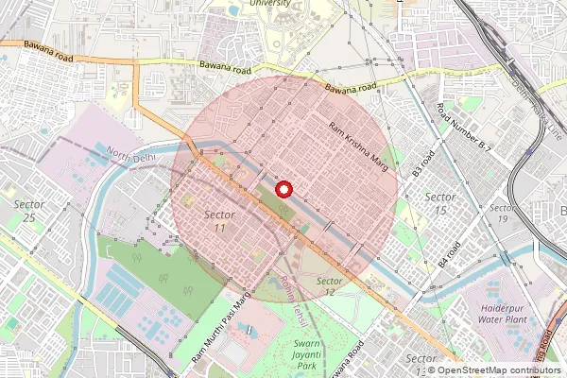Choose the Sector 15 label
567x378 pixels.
pyautogui.click(x=440, y=202)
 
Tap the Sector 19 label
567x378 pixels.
pyautogui.click(x=504, y=213)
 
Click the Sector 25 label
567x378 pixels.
pyautogui.click(x=29, y=211)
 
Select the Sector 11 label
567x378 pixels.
pyautogui.click(x=219, y=221)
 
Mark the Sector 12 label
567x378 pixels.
pyautogui.click(x=329, y=287)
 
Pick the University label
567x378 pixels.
pyautogui.click(x=269, y=4)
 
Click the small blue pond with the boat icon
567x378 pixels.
pyautogui.click(x=248, y=331)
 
